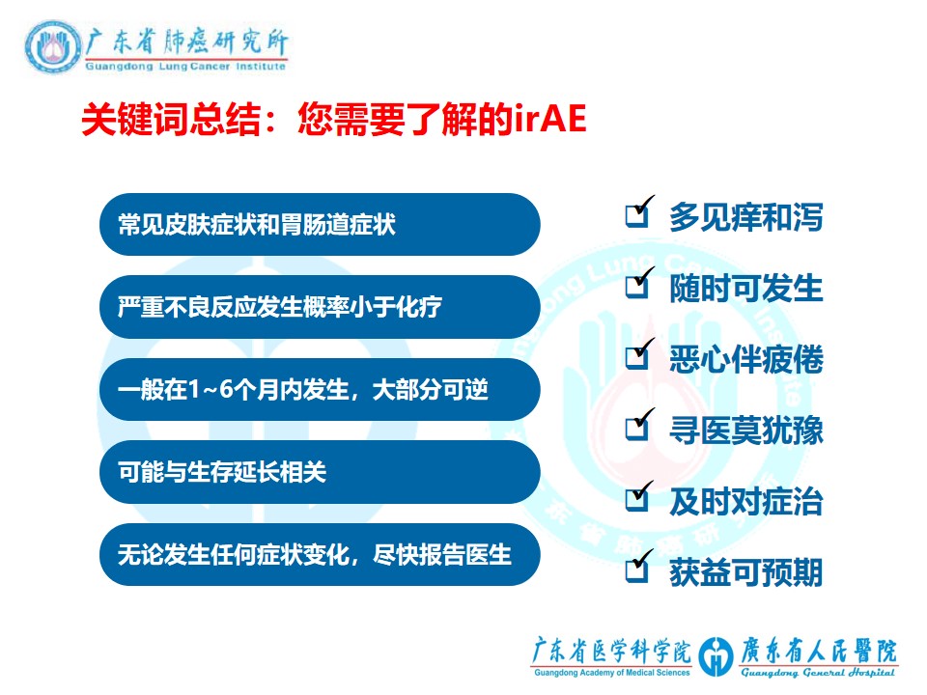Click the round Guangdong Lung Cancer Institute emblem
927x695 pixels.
click(53, 47)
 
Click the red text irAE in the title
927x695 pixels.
click(549, 119)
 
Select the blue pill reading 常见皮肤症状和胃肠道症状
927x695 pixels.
click(320, 225)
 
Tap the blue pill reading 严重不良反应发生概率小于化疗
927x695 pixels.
click(320, 307)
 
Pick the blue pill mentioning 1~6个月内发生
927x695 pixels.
click(320, 389)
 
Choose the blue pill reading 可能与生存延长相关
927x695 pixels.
click(320, 472)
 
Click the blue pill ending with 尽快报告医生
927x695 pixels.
click(320, 554)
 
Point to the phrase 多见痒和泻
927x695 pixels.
click(746, 217)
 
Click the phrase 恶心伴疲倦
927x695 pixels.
click(746, 359)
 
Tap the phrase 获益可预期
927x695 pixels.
click(746, 572)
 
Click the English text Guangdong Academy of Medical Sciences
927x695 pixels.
click(612, 673)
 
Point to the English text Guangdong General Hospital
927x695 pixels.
click(818, 673)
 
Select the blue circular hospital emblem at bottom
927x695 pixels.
click(716, 656)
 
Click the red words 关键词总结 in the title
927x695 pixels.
click(171, 119)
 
